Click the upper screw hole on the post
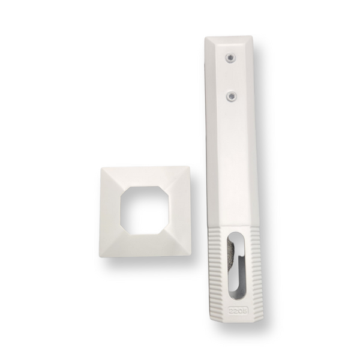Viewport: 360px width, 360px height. tap(229, 58)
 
